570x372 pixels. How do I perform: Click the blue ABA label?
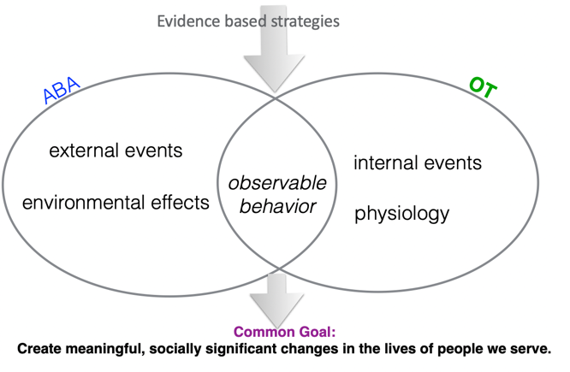[x=61, y=90]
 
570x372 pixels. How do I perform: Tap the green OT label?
[x=483, y=87]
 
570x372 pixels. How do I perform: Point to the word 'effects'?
[x=181, y=203]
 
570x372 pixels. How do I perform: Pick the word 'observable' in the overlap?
[x=277, y=183]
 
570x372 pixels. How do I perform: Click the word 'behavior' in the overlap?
[x=278, y=206]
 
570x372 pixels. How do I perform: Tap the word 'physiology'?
[x=402, y=214]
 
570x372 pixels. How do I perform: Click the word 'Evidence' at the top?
[x=189, y=21]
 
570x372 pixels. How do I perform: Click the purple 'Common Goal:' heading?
[x=285, y=332]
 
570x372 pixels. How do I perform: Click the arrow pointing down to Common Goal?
[x=277, y=300]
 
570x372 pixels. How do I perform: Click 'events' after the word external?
[x=153, y=151]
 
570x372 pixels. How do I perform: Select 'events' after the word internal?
[x=453, y=162]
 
